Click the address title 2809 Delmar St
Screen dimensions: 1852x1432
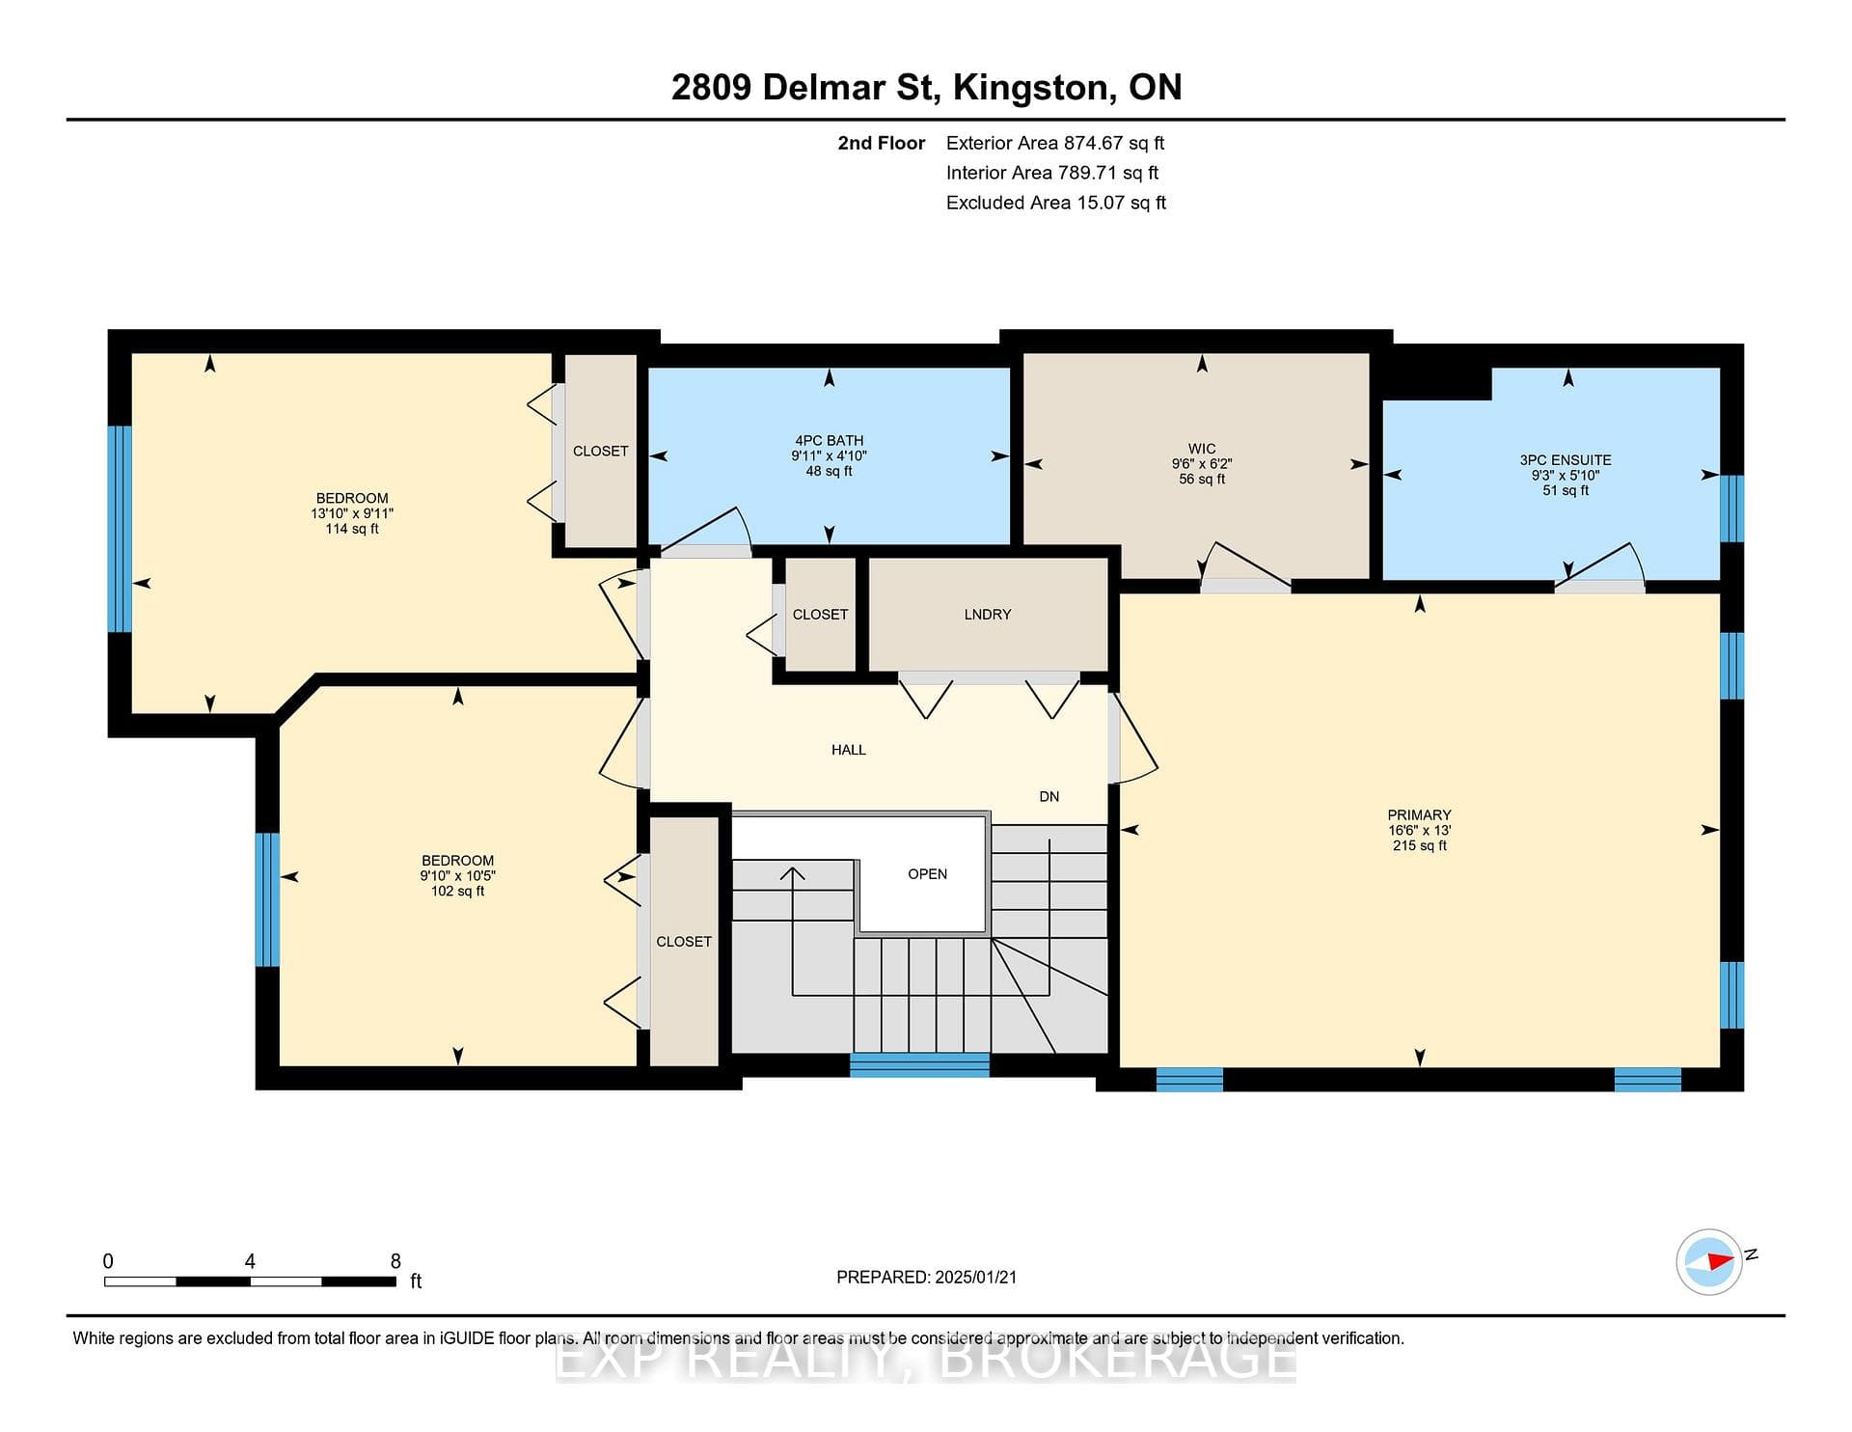point(803,88)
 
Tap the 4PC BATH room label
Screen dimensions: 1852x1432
point(830,441)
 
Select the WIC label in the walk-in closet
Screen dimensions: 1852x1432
point(1202,449)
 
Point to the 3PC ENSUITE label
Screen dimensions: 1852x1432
point(1566,460)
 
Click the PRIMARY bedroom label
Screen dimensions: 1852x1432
point(1419,815)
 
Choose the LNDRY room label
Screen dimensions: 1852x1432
point(988,615)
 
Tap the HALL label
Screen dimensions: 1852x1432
point(849,750)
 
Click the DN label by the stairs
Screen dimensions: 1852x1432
point(1049,797)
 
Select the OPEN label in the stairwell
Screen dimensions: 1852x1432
point(928,874)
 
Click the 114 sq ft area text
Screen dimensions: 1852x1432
point(352,529)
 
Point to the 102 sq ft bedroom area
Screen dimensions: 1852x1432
point(458,891)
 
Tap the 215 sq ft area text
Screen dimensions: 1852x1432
point(1419,846)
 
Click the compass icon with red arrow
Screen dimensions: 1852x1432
point(1709,1261)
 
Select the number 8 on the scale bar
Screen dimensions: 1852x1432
point(395,1261)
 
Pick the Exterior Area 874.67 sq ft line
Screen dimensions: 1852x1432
point(1055,144)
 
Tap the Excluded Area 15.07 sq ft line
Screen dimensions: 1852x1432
point(1056,203)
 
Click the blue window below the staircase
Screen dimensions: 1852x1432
point(919,1064)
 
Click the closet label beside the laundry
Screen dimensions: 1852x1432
point(821,615)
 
